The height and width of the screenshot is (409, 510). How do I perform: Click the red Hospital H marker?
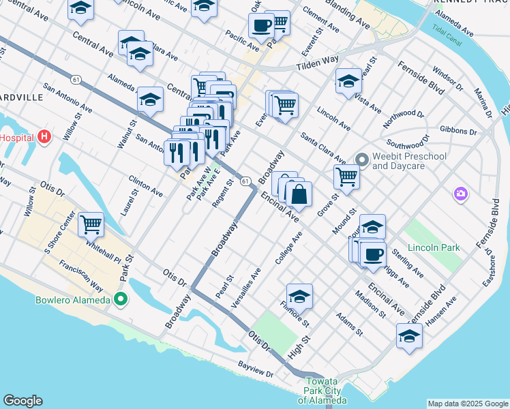45,137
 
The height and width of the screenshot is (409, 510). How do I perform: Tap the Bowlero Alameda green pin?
121,299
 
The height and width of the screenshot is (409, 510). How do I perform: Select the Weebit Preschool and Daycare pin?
361,161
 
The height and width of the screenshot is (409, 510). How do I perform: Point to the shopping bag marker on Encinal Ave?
299,195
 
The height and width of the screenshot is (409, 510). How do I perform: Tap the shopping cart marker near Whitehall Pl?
91,224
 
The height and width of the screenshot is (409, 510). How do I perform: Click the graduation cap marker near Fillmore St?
299,297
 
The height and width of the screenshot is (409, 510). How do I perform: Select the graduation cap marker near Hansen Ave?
409,336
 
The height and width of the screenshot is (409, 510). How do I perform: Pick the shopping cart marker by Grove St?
346,177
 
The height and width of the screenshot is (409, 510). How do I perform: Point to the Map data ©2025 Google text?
468,404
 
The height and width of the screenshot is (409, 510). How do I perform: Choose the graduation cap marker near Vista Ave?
348,81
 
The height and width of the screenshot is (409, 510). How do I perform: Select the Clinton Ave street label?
145,186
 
